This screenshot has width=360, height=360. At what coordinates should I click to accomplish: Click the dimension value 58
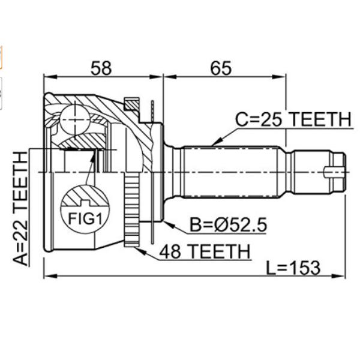(x=103, y=68)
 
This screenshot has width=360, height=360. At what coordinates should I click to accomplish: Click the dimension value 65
(x=221, y=68)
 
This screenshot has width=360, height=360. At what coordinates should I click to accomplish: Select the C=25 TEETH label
(x=292, y=120)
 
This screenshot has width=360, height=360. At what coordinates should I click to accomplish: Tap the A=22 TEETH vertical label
(x=20, y=208)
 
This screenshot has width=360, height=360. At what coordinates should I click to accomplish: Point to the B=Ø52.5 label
(x=227, y=226)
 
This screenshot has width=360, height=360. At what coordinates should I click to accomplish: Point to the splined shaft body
(x=234, y=172)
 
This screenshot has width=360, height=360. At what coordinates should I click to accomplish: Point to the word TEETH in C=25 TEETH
(x=318, y=120)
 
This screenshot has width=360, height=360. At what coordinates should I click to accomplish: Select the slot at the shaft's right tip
(x=335, y=172)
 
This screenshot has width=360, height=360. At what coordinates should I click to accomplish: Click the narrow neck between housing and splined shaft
(x=173, y=172)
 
